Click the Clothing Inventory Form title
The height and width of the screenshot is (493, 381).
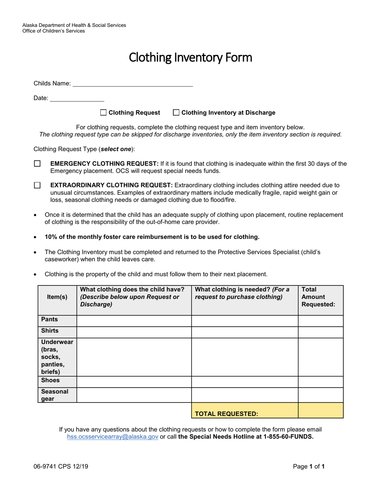click(190, 58)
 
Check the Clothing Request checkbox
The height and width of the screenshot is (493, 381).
click(103, 113)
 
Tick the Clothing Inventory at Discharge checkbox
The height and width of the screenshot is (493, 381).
click(176, 113)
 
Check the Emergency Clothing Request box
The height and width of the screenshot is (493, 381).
click(37, 164)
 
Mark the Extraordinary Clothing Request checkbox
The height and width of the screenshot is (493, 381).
click(37, 185)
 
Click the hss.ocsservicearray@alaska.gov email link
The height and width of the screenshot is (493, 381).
click(113, 437)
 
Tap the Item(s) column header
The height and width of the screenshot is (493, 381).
click(57, 297)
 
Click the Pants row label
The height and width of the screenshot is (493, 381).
click(50, 319)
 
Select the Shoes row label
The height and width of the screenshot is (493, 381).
click(51, 380)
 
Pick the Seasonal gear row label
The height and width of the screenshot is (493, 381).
click(55, 395)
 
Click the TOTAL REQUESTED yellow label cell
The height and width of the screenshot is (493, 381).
click(227, 414)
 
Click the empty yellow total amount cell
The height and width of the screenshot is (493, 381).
click(320, 410)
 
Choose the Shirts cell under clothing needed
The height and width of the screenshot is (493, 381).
click(245, 332)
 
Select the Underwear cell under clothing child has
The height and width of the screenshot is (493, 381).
click(134, 357)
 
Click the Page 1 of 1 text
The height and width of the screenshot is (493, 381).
click(308, 467)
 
